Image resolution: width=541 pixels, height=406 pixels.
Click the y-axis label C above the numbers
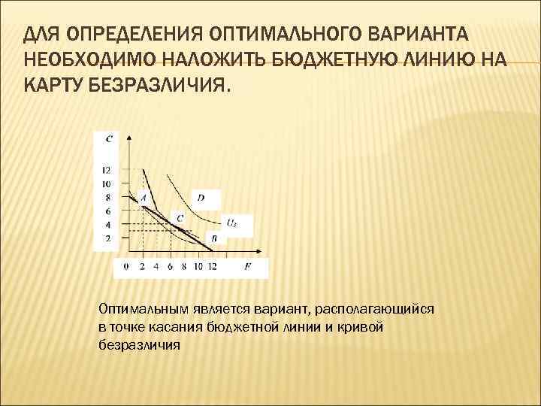tap(110, 138)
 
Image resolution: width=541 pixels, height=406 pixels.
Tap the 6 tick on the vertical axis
tap(107, 211)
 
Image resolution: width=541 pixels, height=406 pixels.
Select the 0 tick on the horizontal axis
tap(125, 266)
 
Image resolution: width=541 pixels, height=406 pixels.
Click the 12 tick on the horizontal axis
tap(213, 266)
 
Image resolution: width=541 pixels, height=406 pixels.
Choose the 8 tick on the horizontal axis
tap(185, 266)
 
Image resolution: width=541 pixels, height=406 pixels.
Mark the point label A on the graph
tap(142, 197)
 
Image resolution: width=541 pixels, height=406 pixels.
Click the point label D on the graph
tap(201, 198)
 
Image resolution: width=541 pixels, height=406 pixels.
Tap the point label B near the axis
tap(213, 238)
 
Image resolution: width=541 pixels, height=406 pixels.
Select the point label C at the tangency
tap(179, 218)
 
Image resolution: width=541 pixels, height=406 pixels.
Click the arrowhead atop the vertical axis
tap(129, 138)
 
